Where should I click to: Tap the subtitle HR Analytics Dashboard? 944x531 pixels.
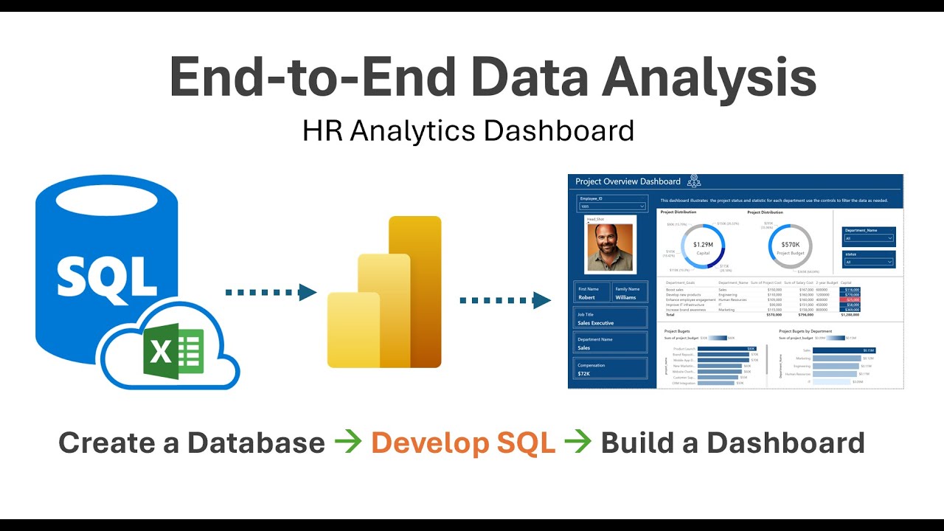click(468, 131)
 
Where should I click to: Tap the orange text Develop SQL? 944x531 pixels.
click(463, 442)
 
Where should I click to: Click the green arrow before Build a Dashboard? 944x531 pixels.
click(578, 442)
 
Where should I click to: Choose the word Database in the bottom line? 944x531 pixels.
click(255, 442)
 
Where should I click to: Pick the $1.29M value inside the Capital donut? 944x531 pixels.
click(702, 243)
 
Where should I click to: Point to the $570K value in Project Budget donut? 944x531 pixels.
click(790, 244)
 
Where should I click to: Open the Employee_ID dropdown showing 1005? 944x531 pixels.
click(612, 206)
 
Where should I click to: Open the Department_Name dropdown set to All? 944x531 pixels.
click(869, 238)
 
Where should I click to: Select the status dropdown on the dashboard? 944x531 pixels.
click(869, 262)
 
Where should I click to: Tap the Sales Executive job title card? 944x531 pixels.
click(611, 323)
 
